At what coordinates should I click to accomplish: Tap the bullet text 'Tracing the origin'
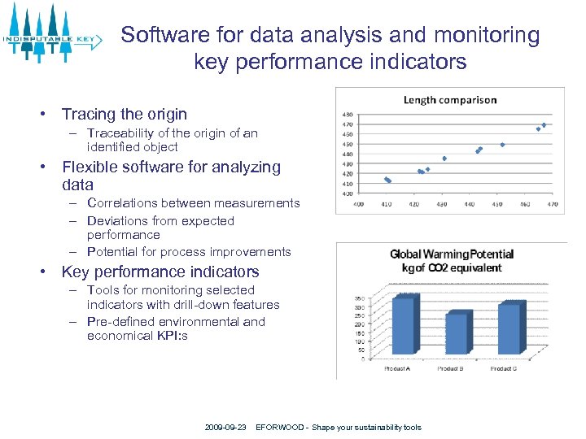(x=125, y=115)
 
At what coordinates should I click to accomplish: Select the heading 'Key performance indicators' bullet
(x=160, y=272)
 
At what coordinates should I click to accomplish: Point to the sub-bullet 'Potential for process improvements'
(x=189, y=252)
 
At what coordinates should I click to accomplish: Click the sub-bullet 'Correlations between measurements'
(x=193, y=203)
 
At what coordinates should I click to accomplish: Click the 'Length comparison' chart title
(x=450, y=100)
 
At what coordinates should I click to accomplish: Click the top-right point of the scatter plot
(x=544, y=125)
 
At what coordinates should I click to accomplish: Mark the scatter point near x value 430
(x=444, y=159)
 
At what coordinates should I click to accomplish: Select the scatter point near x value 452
(x=503, y=145)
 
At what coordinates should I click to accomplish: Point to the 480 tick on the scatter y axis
(x=348, y=115)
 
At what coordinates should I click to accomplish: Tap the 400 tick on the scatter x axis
(x=359, y=204)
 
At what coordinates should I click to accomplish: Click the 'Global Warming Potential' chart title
(x=452, y=254)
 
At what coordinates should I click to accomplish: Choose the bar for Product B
(x=456, y=333)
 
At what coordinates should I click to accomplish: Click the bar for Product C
(x=508, y=328)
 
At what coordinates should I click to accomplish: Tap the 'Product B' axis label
(x=450, y=369)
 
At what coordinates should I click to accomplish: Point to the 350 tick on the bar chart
(x=359, y=298)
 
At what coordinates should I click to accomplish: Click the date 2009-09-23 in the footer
(x=225, y=428)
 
